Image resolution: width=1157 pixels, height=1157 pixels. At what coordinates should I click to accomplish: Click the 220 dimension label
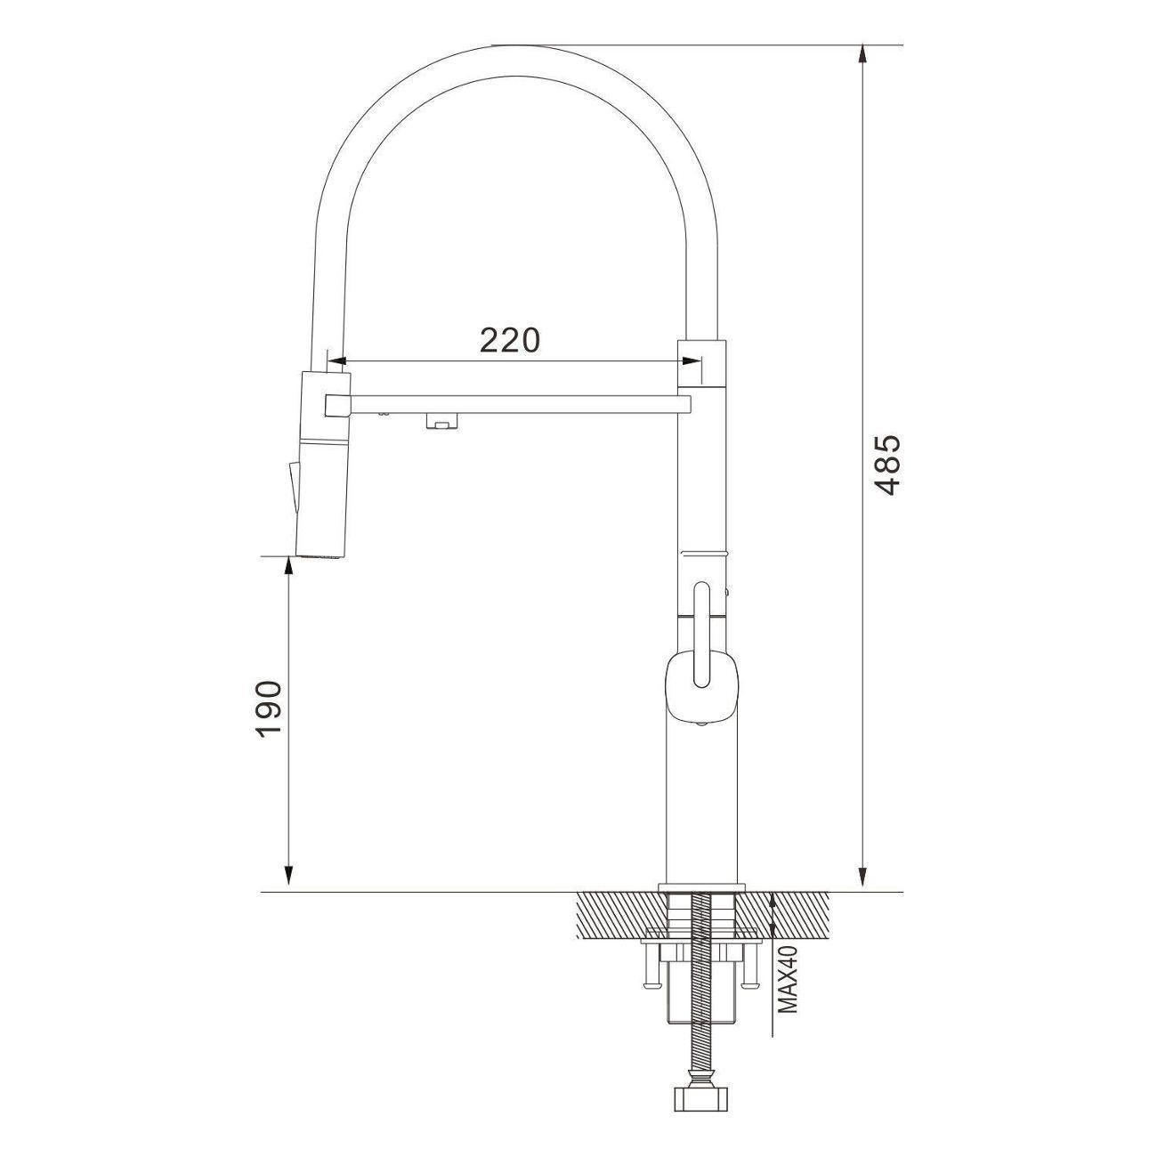[x=510, y=341]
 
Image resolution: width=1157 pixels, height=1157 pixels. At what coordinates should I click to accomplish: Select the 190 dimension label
[x=269, y=709]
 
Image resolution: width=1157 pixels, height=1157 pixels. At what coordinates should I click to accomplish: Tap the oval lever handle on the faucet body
[x=702, y=635]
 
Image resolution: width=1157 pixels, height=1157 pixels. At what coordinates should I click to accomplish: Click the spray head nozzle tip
[x=321, y=556]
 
